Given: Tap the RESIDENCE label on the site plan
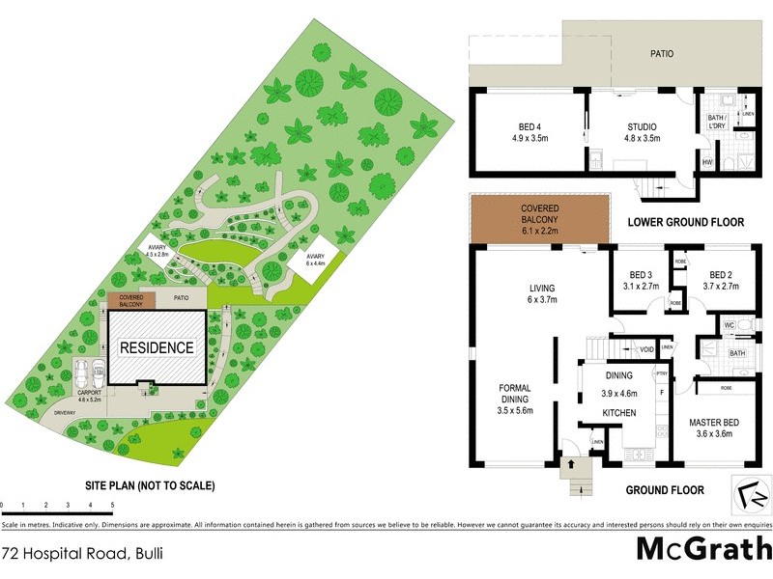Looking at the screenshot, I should pos(157,347).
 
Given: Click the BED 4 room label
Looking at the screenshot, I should pos(529,126).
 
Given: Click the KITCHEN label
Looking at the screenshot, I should pos(617,412).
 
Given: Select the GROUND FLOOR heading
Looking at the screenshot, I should pos(664,490).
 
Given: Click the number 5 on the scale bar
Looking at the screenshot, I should pos(112,505).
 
